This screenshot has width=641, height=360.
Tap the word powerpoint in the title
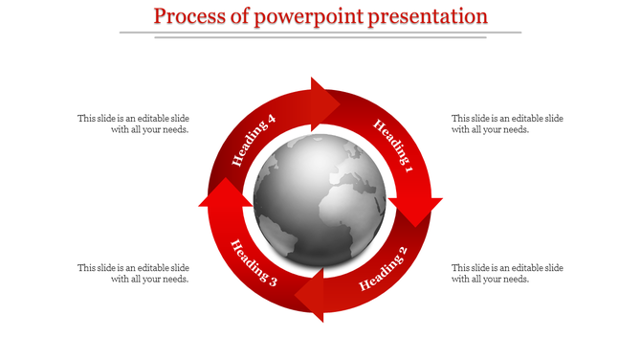(x=298, y=16)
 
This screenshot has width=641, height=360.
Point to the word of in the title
(x=240, y=16)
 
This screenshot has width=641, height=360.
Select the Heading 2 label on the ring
(x=383, y=268)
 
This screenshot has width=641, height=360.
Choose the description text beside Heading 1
(x=507, y=124)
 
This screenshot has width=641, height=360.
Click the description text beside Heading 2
(x=507, y=273)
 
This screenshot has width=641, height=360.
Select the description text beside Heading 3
(x=133, y=273)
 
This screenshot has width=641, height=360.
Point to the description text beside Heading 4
(x=133, y=124)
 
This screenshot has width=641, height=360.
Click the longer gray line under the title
(x=320, y=33)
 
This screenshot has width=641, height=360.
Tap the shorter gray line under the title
(x=320, y=38)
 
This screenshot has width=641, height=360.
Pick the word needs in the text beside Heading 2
(x=514, y=280)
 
